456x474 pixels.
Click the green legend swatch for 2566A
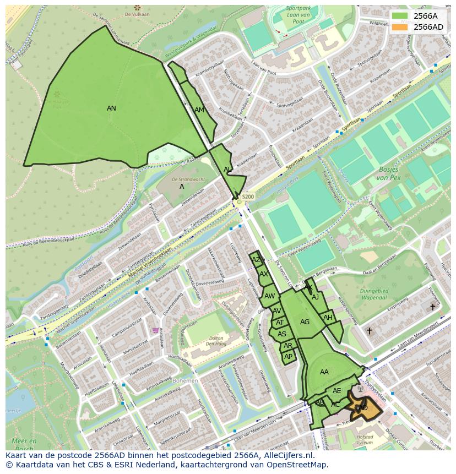400,15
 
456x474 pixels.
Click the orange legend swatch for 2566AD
400,27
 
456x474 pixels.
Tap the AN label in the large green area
111,108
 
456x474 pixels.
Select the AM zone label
199,110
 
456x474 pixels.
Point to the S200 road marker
248,197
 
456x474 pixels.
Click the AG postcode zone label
305,322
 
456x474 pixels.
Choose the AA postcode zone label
324,372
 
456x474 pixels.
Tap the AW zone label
269,296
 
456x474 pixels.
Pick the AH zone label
328,318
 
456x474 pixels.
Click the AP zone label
288,357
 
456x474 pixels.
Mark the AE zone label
337,391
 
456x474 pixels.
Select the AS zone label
282,334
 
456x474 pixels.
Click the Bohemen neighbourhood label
186,381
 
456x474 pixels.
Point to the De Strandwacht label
189,179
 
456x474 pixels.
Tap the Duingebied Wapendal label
373,294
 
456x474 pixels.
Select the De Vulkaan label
138,15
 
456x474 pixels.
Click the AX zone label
264,274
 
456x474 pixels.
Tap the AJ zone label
316,297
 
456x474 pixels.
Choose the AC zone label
335,405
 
